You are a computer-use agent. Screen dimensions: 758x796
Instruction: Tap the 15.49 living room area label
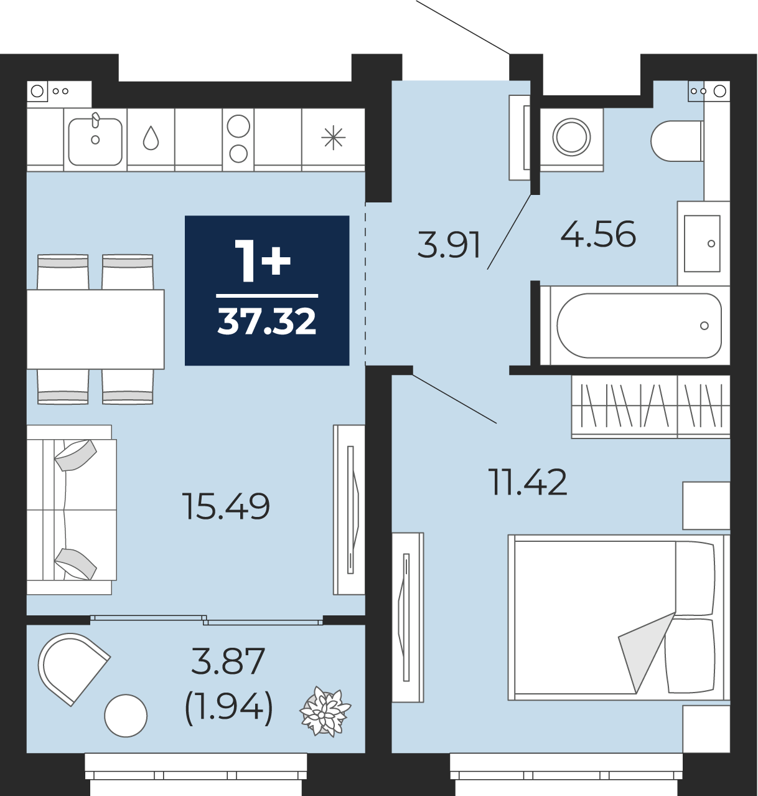[226, 506]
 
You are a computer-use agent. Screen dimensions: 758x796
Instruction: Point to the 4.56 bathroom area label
[598, 234]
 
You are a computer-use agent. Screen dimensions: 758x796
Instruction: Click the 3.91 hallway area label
[449, 245]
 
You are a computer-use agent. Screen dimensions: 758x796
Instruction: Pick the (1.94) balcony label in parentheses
[228, 709]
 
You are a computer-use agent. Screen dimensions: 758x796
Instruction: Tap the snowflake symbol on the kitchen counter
[334, 138]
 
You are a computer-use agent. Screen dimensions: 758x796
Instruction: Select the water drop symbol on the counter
[151, 138]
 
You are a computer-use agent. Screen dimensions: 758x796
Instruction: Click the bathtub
[635, 326]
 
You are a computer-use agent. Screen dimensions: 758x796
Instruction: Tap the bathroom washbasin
[704, 243]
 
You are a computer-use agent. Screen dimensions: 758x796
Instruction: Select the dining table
[95, 329]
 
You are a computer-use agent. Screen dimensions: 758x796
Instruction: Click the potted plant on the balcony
[325, 711]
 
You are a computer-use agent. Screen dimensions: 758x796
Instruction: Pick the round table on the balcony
[126, 716]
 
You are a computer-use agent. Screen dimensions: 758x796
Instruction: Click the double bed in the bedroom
[619, 617]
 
